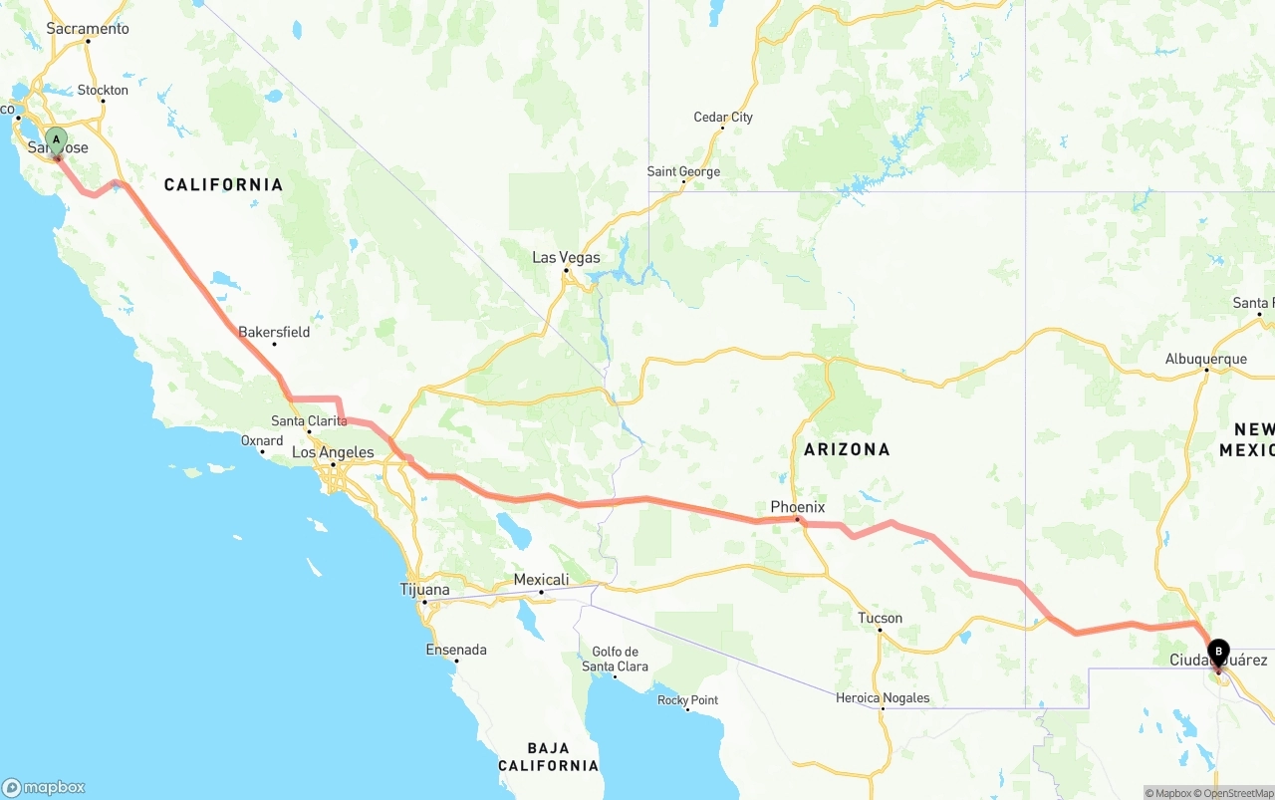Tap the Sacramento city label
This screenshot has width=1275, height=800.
pos(88,29)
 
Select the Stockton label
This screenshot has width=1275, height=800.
pos(104,90)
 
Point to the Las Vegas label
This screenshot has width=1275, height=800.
pos(566,257)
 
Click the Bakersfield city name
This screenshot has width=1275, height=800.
pos(274,332)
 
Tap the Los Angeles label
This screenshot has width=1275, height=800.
pos(333,452)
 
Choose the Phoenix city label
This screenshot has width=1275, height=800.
pos(798,507)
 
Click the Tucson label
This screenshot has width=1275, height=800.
pos(881,618)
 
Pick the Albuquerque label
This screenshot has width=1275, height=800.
pos(1206,359)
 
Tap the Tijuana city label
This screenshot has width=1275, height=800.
pos(425,589)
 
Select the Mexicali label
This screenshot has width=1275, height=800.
pos(541,580)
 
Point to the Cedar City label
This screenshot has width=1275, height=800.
pos(723,117)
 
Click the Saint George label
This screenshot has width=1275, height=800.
pos(683,171)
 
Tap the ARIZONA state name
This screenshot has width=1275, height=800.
pos(847,449)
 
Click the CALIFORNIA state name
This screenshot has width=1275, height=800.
pos(223,184)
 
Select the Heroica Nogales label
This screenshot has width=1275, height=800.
pos(883,697)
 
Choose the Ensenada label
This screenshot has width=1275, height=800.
pos(456,650)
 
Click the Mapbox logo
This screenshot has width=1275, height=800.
pos(44,787)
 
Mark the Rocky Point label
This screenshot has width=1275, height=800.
pos(688,700)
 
